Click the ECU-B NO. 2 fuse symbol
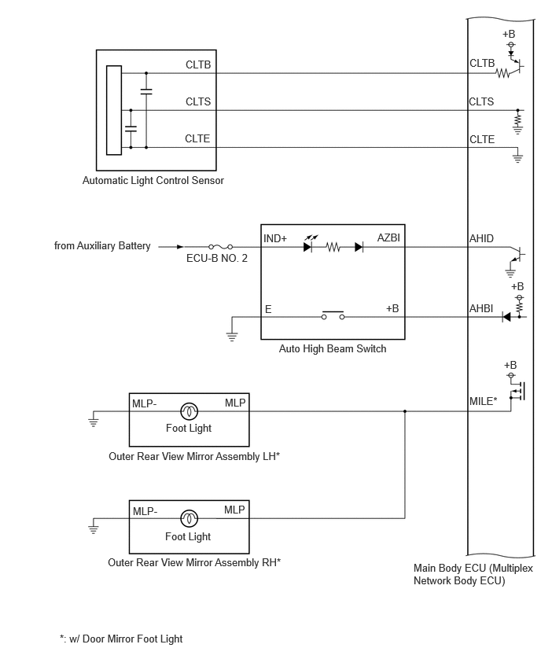coord(220,247)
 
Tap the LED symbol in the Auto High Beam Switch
coord(308,245)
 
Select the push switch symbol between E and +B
coord(333,315)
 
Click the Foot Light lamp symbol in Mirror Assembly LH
coord(189,411)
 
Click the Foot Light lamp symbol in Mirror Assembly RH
coord(189,518)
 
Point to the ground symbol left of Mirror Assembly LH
coord(93,419)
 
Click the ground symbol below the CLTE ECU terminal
coord(517,156)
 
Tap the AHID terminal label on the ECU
coord(481,238)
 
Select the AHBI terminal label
coord(481,308)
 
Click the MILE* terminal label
coord(484,401)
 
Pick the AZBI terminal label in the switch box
coord(388,237)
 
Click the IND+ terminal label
coord(275,238)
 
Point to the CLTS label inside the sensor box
coord(198,101)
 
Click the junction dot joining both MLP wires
coord(405,411)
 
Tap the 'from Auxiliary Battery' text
coord(102,245)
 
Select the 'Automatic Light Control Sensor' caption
coord(153,180)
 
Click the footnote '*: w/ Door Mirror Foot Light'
coord(121,639)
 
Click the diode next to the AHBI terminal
coord(506,317)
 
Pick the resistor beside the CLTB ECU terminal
coord(502,73)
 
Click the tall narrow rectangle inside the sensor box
coord(114,110)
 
